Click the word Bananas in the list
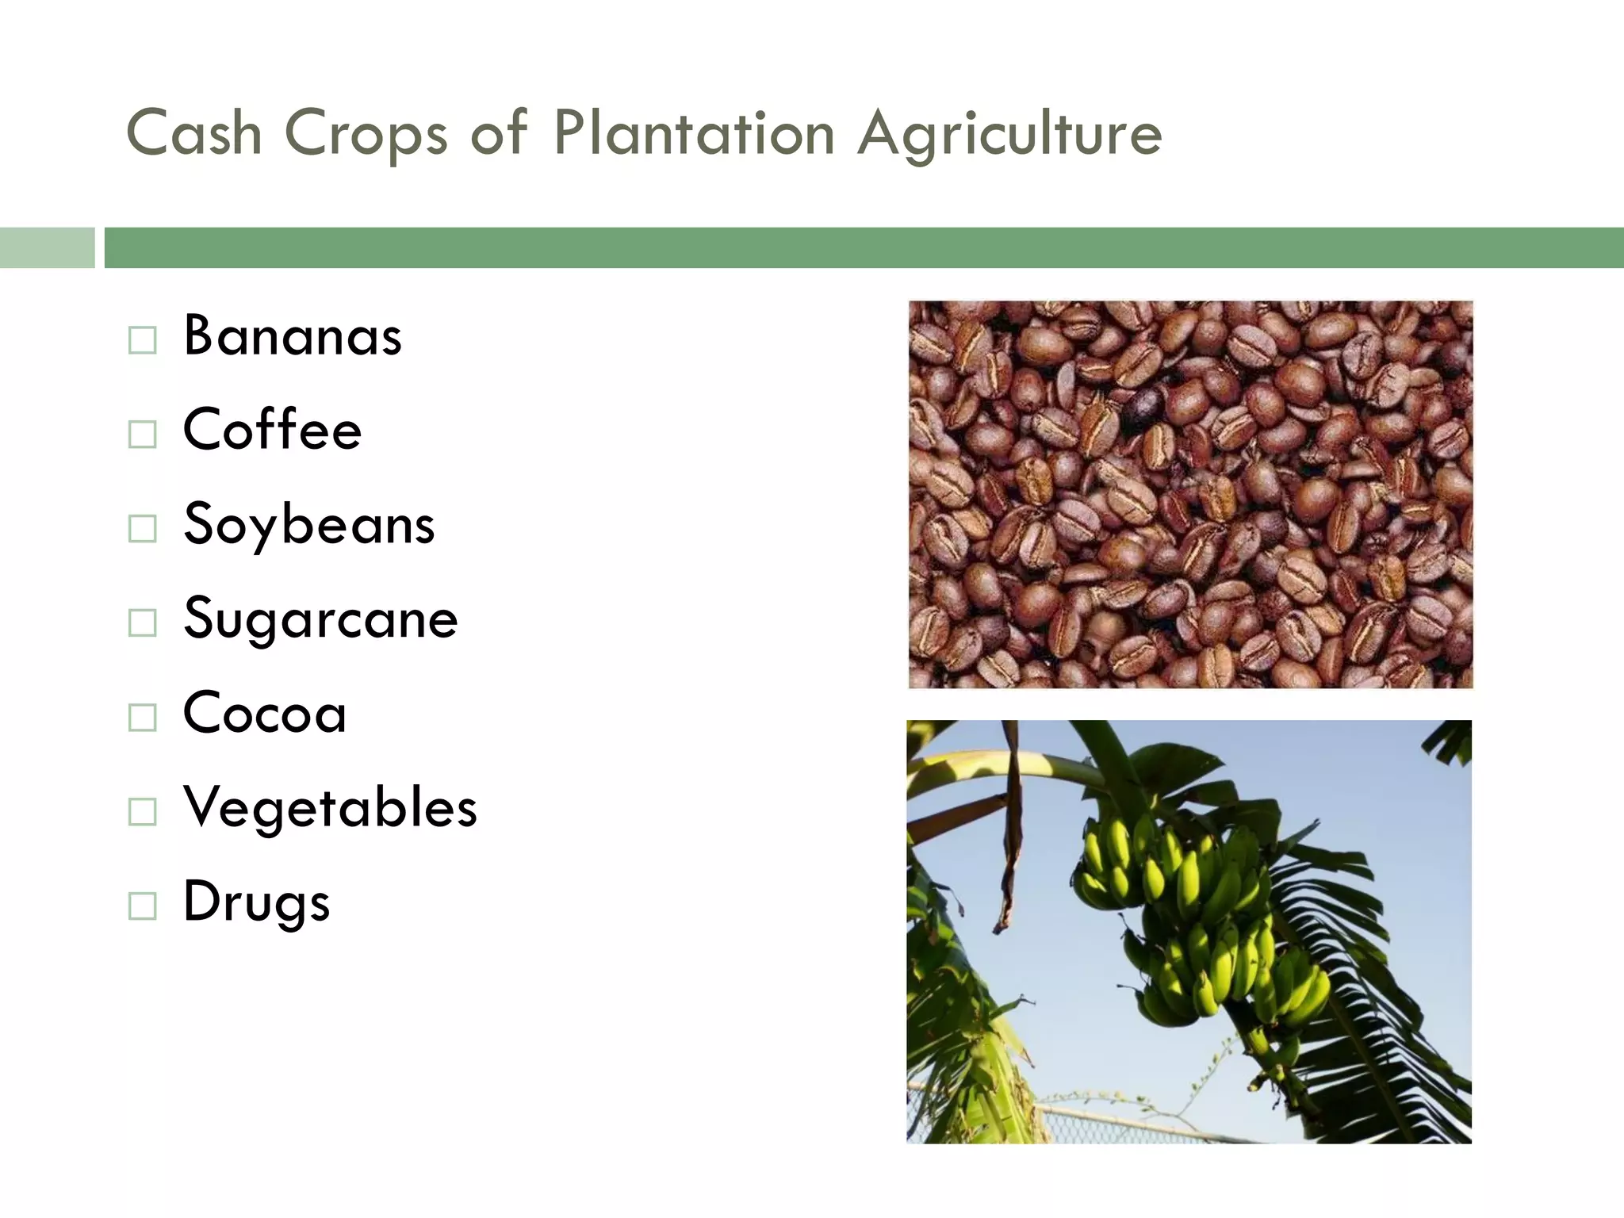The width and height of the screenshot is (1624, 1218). pyautogui.click(x=293, y=336)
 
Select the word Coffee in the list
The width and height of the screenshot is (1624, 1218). pyautogui.click(x=272, y=430)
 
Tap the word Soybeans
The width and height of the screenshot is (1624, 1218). pyautogui.click(x=308, y=525)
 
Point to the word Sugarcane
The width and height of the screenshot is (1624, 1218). pyautogui.click(x=320, y=619)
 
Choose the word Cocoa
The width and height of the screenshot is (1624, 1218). pyautogui.click(x=264, y=713)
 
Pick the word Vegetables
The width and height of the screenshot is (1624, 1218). pyautogui.click(x=330, y=807)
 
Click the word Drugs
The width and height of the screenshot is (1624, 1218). pyautogui.click(x=256, y=902)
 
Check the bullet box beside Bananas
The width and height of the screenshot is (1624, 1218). pyautogui.click(x=143, y=341)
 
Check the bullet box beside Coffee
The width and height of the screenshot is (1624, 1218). pyautogui.click(x=143, y=435)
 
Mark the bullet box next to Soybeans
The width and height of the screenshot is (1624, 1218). pyautogui.click(x=143, y=529)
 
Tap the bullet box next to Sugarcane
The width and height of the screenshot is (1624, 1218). pyautogui.click(x=143, y=623)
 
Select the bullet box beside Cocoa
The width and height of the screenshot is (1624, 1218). pyautogui.click(x=143, y=718)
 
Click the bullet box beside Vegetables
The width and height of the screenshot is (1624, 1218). pyautogui.click(x=143, y=812)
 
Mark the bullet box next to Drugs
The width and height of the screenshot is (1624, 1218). pyautogui.click(x=143, y=906)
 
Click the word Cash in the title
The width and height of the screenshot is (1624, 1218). pyautogui.click(x=194, y=132)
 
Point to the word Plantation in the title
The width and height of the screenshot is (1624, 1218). pyautogui.click(x=694, y=132)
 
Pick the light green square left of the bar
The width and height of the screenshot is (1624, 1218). pyautogui.click(x=47, y=247)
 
